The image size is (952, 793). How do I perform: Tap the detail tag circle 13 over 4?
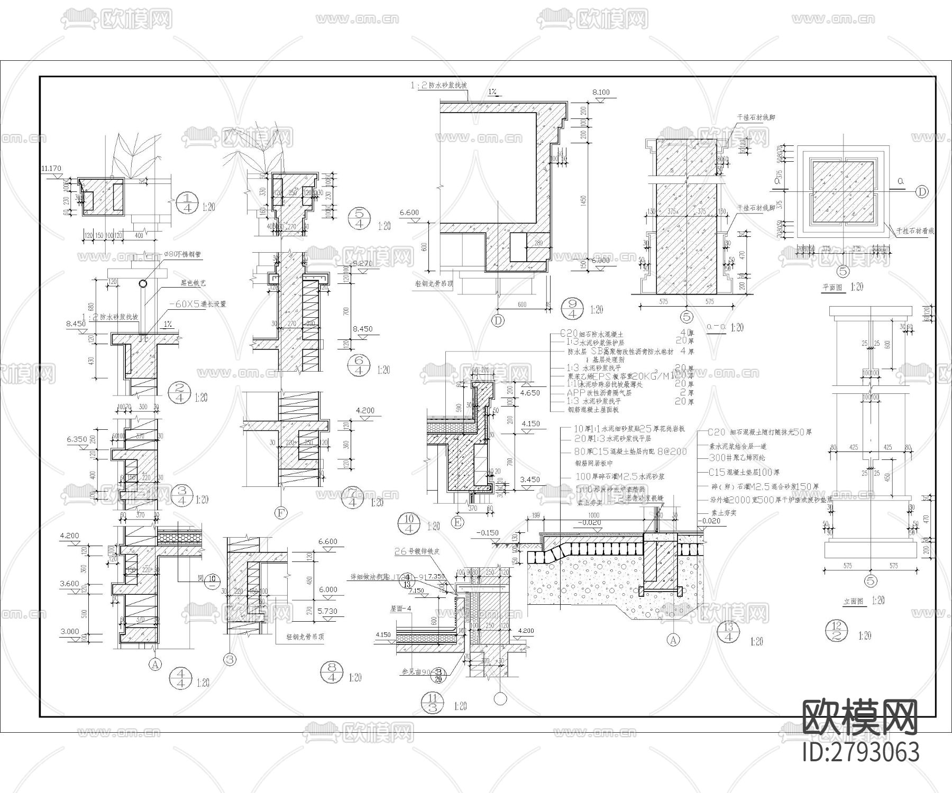coord(729,633)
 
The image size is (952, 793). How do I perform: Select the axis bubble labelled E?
coord(457,522)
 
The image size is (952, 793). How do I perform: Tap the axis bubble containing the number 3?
coord(230,659)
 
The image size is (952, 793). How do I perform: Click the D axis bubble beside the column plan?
coord(921,191)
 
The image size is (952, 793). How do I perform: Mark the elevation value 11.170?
coord(51,169)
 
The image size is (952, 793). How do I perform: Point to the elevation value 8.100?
coord(601,92)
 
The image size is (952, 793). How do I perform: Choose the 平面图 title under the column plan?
coord(833,287)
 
